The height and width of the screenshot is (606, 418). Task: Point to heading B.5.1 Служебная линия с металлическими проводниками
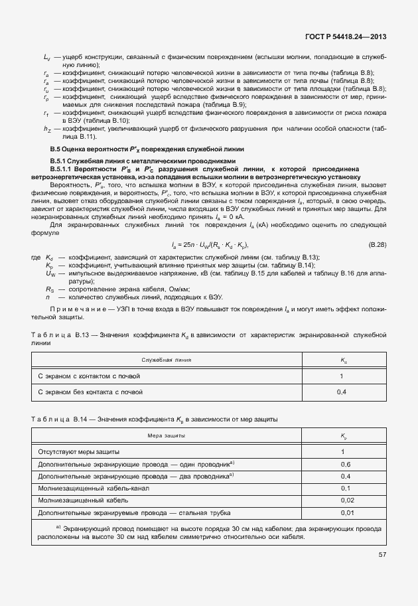coord(143,161)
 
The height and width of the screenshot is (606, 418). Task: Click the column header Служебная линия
coord(167,360)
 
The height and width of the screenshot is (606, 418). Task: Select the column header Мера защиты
coord(167,435)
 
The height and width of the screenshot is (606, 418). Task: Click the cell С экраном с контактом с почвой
coord(90,376)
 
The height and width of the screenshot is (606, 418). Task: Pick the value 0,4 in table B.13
coord(342,392)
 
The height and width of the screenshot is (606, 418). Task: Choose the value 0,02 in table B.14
coord(345,500)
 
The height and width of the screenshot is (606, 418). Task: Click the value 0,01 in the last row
coord(345,512)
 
